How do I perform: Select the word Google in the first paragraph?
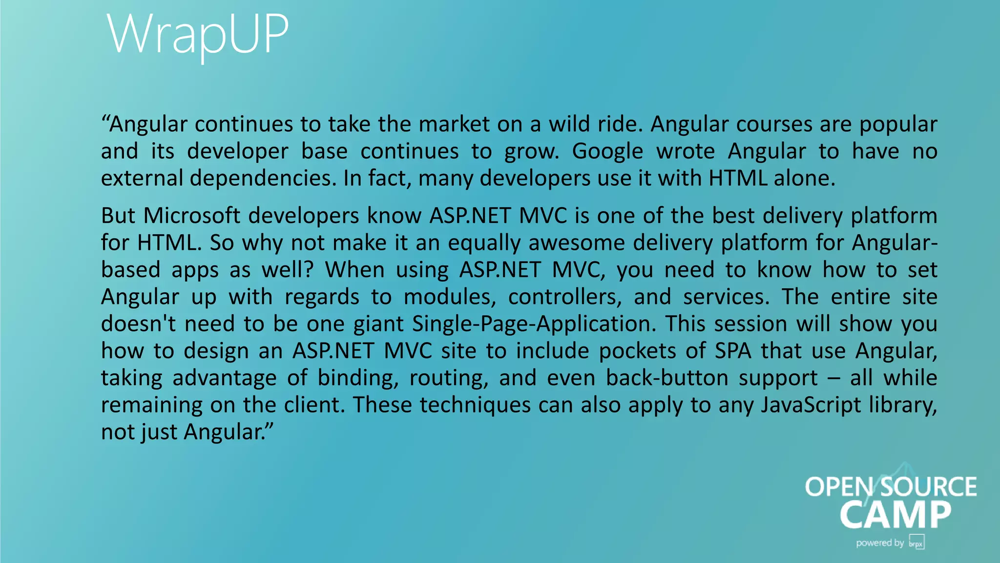607,151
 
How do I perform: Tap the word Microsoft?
192,216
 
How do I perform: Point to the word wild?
573,124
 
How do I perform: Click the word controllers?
565,297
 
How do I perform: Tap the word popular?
898,124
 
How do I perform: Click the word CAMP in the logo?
896,515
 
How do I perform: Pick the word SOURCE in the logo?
929,487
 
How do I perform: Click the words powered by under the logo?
880,543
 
